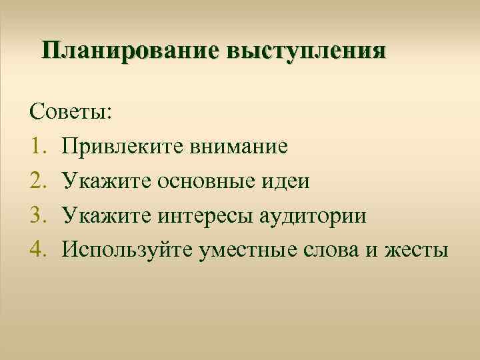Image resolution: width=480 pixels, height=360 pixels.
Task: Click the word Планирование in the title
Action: [x=130, y=51]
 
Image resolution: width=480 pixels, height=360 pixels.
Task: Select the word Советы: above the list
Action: [x=71, y=111]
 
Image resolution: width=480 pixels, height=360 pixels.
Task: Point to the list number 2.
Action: [x=37, y=181]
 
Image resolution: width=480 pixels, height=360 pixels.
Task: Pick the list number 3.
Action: [x=37, y=215]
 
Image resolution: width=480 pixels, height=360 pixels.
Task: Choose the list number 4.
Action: [x=37, y=250]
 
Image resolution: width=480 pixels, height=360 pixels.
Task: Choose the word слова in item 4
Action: [x=336, y=250]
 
